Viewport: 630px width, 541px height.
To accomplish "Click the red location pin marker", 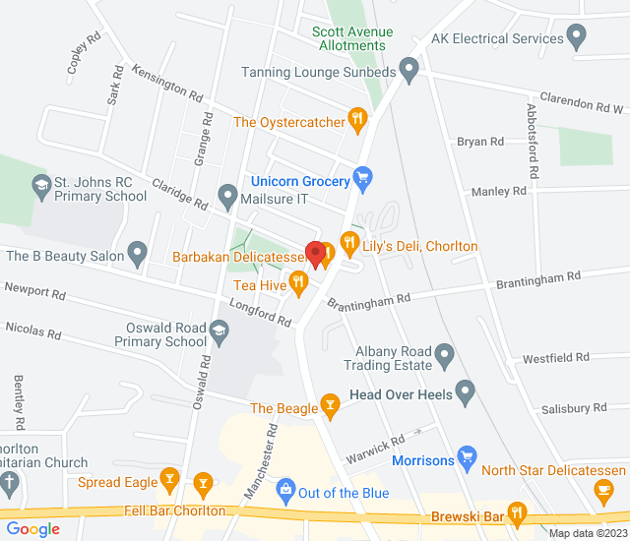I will tap(315, 254).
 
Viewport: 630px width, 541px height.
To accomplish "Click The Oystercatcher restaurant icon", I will tap(357, 122).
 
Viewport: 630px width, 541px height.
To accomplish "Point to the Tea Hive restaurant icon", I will tap(299, 285).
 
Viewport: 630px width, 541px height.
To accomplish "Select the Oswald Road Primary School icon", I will tap(219, 334).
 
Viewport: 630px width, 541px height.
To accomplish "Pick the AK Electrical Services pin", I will tap(577, 39).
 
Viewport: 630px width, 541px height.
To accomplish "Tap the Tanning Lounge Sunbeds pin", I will tap(409, 71).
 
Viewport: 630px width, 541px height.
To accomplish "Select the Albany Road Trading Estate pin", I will tap(445, 353).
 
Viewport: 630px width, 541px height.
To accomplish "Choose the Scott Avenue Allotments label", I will tap(351, 38).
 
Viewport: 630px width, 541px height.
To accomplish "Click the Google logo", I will tap(32, 529).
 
